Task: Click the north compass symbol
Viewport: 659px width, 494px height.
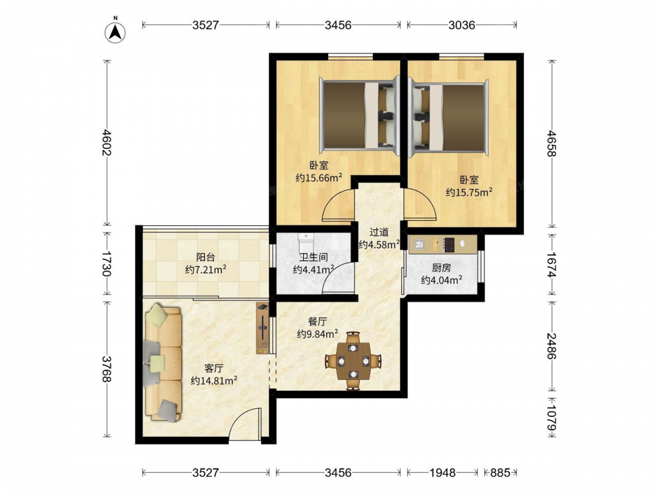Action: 115,31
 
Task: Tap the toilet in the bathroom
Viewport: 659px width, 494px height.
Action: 306,243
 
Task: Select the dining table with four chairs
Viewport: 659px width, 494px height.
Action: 353,361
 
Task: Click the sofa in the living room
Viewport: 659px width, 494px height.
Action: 163,362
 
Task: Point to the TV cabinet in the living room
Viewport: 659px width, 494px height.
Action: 262,328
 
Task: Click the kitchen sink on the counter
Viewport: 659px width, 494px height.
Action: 419,244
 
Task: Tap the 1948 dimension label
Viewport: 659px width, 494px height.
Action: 442,473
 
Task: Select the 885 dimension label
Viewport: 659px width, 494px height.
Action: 500,473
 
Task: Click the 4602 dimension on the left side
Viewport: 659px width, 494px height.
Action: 107,142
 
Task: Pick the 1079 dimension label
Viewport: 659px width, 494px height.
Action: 552,418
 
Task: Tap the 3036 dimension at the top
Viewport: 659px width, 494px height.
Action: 461,25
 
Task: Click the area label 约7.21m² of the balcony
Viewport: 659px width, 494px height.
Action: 206,269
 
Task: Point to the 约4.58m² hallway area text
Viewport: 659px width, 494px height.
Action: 379,244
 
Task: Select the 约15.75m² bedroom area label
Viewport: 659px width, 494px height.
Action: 469,192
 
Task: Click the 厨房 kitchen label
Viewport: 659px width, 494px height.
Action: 442,268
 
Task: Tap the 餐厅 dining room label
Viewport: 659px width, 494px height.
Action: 318,322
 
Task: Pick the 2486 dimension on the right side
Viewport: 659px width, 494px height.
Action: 552,346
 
